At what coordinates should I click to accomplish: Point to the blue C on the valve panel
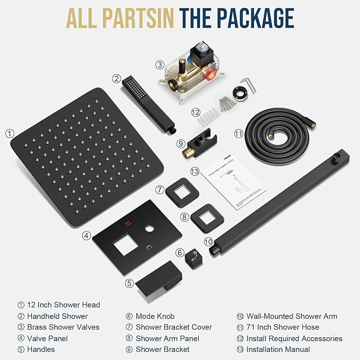click(150, 247)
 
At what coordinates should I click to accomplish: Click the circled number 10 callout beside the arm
click(208, 241)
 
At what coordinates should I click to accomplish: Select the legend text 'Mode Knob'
click(155, 316)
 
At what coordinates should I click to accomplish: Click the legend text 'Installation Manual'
click(278, 349)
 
